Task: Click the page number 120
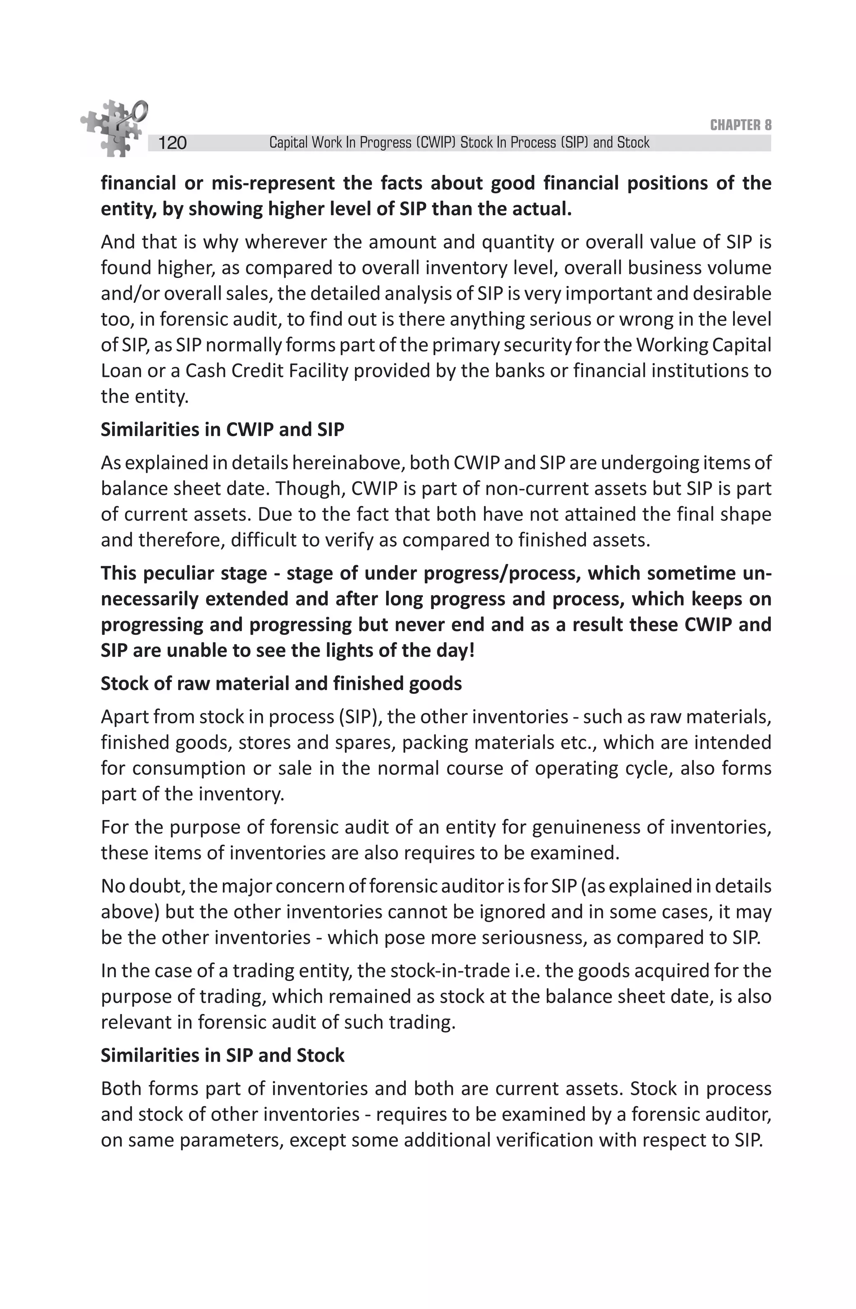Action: [x=172, y=143]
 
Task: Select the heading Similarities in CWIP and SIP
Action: [x=222, y=430]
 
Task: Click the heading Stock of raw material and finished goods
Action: [x=281, y=684]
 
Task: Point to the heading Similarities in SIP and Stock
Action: [x=222, y=1055]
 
